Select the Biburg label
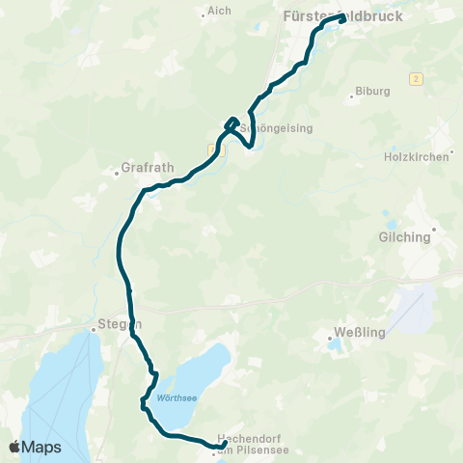[x=372, y=92]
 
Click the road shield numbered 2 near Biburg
[x=417, y=77]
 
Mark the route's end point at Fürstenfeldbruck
[x=341, y=16]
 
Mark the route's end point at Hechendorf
[x=224, y=443]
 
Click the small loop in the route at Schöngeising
[x=231, y=123]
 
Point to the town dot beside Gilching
[x=434, y=230]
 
